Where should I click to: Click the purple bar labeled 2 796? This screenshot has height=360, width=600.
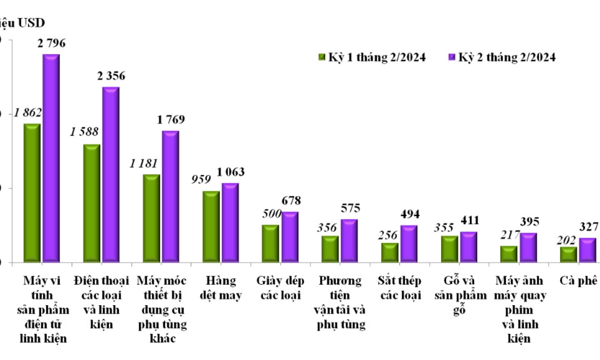[51, 158]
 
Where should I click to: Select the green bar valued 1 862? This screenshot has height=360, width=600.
[31, 193]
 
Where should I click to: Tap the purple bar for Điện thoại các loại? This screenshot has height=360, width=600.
[111, 175]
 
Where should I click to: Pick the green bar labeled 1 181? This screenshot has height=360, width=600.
[151, 218]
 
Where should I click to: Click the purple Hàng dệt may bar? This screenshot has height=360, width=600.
[230, 223]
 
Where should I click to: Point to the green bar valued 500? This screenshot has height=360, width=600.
[271, 243]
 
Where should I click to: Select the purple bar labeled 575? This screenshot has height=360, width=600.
[350, 241]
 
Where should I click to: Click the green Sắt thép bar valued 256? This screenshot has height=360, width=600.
[390, 253]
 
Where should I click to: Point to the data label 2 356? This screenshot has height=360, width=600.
[111, 76]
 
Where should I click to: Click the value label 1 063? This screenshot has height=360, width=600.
[231, 173]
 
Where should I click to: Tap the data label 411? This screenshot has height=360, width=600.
[470, 221]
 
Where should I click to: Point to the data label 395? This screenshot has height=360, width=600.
[529, 222]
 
